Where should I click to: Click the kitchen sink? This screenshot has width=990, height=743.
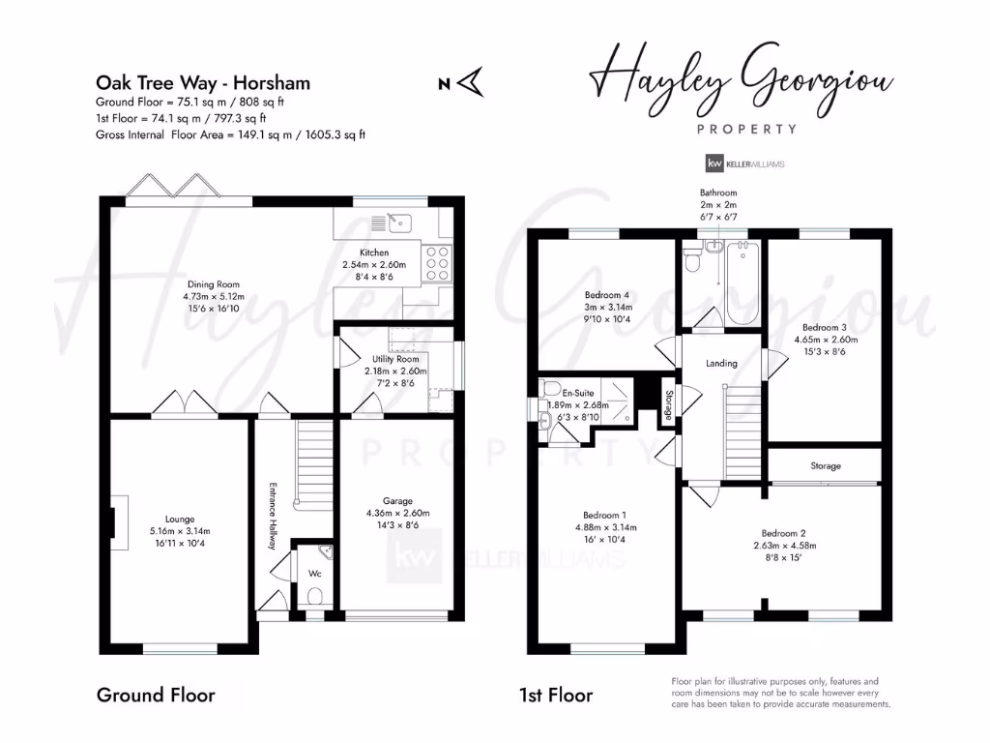[x=400, y=223]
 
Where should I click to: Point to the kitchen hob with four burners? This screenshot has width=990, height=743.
[x=437, y=261]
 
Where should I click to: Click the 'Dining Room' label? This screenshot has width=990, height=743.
[x=215, y=284]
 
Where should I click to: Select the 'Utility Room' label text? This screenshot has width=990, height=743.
[x=394, y=359]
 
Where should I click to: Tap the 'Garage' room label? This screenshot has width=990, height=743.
[x=396, y=501]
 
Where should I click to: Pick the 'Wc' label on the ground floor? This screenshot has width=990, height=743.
[x=313, y=573]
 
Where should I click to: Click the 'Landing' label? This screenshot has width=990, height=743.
[x=721, y=364]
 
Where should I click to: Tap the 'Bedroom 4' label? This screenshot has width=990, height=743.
[x=607, y=295]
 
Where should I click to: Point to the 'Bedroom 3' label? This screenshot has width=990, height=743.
[x=825, y=328]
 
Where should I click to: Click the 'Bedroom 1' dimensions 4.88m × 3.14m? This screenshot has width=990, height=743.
[x=605, y=527]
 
